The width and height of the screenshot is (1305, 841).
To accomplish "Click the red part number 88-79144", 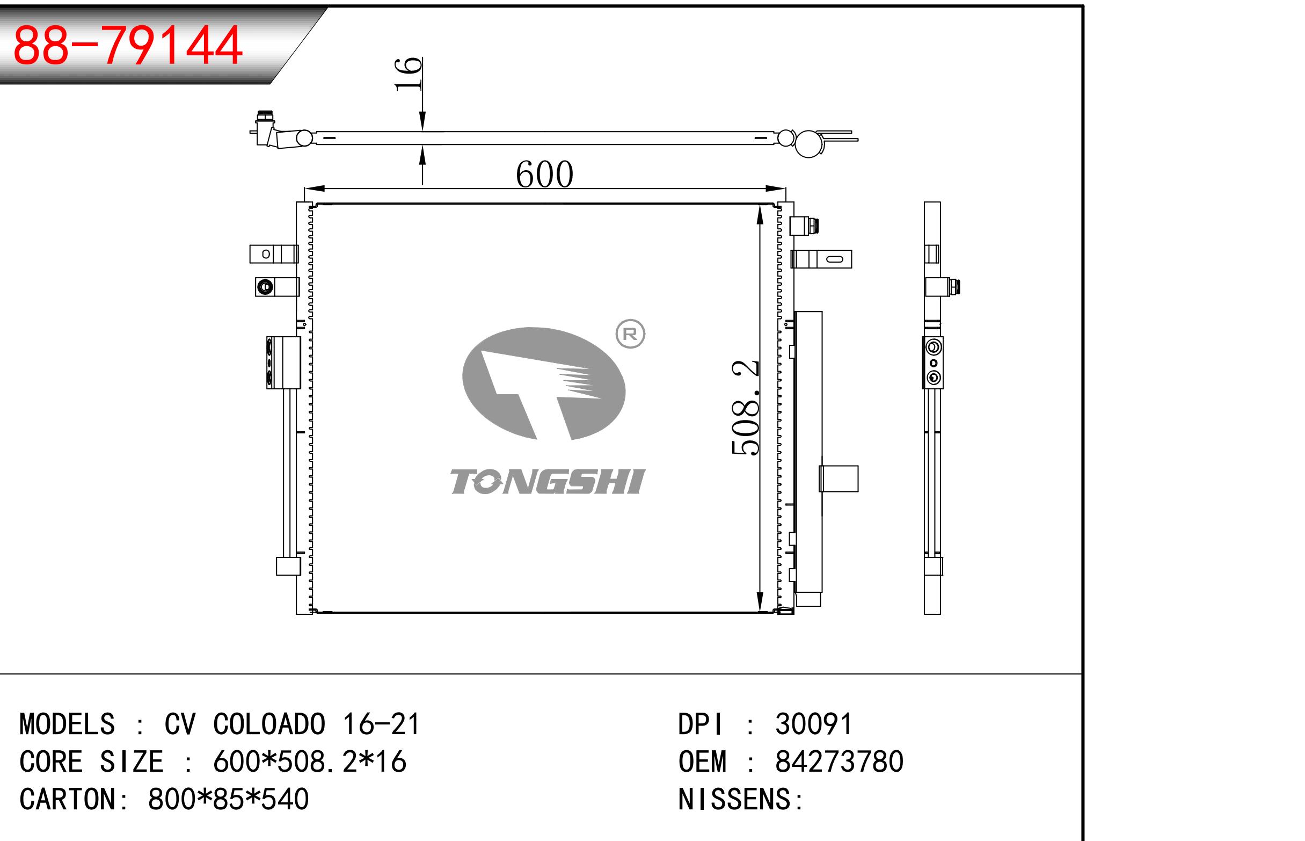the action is click(127, 45).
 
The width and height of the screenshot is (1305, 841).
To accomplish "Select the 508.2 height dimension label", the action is click(745, 407).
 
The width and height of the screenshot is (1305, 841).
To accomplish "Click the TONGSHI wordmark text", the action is click(548, 482).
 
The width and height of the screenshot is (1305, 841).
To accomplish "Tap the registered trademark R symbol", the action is click(630, 334).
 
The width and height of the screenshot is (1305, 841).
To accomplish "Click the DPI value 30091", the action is click(813, 724).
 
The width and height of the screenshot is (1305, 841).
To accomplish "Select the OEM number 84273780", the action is click(839, 762).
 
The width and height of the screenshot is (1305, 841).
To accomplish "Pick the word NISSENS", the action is click(734, 799).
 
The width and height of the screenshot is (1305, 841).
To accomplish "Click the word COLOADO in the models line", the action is click(269, 724).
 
